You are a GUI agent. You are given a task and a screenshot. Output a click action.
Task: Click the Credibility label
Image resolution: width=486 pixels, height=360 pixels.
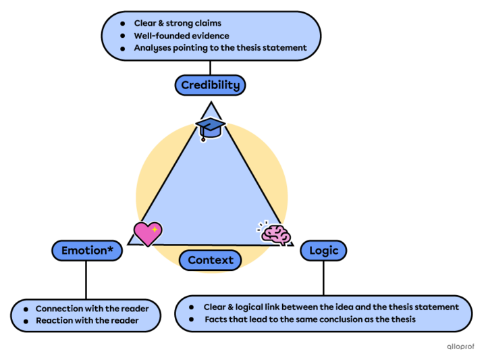click(210, 85)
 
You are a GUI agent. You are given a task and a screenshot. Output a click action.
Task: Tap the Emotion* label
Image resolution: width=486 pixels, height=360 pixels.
click(87, 251)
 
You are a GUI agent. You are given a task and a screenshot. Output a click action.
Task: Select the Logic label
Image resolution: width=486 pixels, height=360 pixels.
click(323, 251)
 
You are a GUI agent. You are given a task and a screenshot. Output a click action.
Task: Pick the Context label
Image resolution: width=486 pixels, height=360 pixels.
click(211, 260)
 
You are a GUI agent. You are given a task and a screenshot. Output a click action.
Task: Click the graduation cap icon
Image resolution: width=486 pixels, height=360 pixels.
click(209, 127)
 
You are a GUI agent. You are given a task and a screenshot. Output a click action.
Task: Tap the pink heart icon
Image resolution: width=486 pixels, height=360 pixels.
click(147, 233)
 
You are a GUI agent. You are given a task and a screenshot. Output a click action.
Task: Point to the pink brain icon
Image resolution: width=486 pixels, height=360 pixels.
click(275, 233)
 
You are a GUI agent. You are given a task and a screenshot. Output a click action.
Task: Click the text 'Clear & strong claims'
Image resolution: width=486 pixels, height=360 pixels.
click(177, 23)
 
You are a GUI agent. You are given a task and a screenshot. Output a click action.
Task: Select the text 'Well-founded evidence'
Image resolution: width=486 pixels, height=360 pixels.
click(181, 36)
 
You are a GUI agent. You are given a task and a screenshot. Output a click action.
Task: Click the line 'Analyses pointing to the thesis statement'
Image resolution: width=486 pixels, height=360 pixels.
click(220, 48)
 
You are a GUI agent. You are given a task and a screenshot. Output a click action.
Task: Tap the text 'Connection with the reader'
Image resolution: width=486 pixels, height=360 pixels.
click(92, 309)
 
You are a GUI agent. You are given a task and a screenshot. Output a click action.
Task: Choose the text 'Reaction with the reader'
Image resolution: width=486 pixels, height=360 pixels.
click(87, 321)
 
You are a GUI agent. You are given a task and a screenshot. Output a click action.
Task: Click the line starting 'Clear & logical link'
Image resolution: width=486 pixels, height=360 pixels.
click(331, 307)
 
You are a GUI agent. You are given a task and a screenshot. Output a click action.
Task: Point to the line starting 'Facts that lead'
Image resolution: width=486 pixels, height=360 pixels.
click(310, 319)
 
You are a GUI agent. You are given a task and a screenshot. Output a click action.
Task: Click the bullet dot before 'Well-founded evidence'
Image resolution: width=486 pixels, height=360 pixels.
click(122, 36)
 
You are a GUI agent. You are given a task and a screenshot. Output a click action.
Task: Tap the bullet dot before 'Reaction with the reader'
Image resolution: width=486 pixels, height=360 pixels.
click(25, 321)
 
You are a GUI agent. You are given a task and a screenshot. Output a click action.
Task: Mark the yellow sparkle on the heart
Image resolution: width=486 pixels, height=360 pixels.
click(155, 230)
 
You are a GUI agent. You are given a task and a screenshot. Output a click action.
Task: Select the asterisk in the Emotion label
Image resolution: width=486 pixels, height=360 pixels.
click(111, 249)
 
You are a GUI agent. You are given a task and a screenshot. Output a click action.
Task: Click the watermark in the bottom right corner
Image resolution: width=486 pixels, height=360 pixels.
click(461, 346)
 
